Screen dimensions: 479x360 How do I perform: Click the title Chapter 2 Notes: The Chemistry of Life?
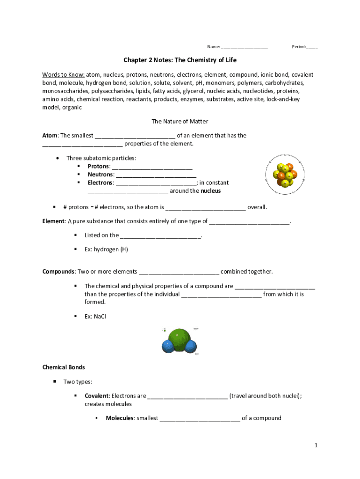click(x=180, y=60)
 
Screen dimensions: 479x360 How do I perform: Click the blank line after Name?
click(x=244, y=47)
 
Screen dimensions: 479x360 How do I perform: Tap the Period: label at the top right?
click(x=299, y=47)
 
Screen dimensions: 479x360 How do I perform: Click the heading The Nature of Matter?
click(x=180, y=121)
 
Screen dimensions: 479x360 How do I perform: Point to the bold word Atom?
click(x=50, y=136)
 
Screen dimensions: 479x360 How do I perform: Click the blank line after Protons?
click(x=152, y=167)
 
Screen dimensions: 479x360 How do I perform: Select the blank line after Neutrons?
click(x=156, y=175)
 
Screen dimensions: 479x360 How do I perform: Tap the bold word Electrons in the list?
click(x=100, y=183)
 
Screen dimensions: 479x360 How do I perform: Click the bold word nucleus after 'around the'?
click(x=210, y=191)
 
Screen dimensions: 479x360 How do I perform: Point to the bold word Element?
click(x=53, y=221)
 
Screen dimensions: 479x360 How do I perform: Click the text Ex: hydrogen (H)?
click(x=106, y=249)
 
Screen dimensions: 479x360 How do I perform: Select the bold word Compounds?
click(x=59, y=272)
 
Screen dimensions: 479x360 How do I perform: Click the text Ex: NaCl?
click(x=95, y=317)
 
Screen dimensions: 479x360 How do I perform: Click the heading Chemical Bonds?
click(x=64, y=367)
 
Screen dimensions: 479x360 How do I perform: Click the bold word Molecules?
click(x=120, y=418)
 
